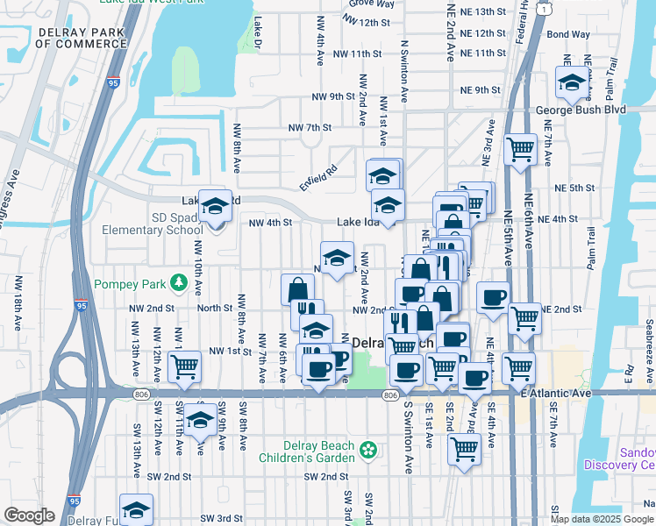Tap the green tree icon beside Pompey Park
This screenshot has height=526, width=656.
[179, 282]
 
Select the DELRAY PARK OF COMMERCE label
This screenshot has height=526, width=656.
[84, 39]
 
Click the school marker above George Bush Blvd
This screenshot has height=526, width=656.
[572, 83]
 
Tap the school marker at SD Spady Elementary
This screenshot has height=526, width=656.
[214, 206]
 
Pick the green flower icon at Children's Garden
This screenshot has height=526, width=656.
[370, 450]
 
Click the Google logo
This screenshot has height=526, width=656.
[28, 515]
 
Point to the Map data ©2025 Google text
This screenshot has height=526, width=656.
[603, 519]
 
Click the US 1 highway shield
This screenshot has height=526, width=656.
[545, 9]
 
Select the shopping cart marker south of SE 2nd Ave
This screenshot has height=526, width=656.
[463, 449]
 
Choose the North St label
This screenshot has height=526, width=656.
[214, 309]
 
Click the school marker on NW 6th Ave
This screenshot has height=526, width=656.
[317, 331]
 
